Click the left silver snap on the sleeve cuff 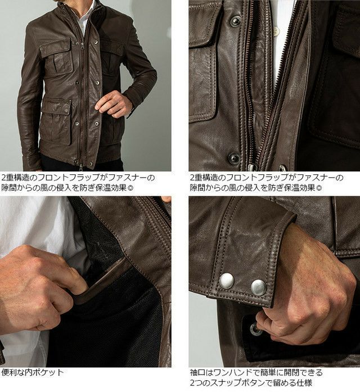(x=227, y=281)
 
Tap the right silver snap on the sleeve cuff (x=259, y=287)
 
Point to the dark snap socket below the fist (x=255, y=329)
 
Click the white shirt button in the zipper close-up (x=276, y=31)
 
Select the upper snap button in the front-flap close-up (x=236, y=21)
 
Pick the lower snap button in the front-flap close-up (x=234, y=157)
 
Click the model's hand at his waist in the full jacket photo (x=110, y=103)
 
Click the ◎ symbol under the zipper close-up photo (x=319, y=187)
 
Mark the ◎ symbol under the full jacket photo (x=130, y=187)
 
